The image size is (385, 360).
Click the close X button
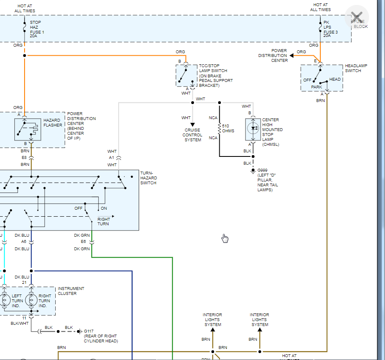[x=357, y=17]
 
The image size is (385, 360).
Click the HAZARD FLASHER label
[x=53, y=122]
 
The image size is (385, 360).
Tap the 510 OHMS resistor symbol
[x=220, y=128]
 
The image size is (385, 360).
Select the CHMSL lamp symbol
[x=253, y=128]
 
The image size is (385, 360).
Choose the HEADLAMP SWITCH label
[x=353, y=68]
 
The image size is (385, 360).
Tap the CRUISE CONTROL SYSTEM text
[x=192, y=135]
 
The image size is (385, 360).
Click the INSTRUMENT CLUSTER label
[x=71, y=291]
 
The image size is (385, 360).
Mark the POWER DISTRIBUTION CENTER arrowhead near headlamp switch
[x=292, y=55]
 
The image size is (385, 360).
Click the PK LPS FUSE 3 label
[x=331, y=29]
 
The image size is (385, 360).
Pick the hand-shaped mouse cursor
[x=225, y=238]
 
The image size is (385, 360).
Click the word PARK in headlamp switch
[x=317, y=87]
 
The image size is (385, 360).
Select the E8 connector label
[x=25, y=157]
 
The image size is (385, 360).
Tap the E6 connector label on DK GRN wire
[x=84, y=242]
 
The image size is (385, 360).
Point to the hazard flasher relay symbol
[x=27, y=129]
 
